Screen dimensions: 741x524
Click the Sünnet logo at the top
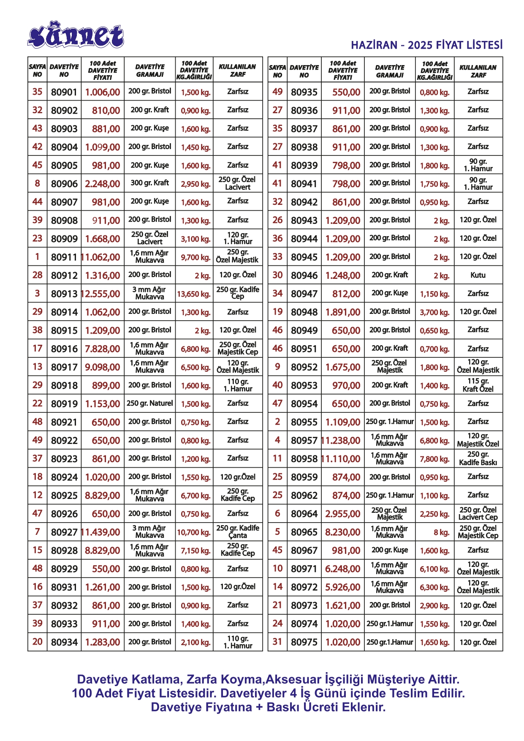pyautogui.click(x=76, y=35)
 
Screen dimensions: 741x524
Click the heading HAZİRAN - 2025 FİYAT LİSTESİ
pyautogui.click(x=426, y=45)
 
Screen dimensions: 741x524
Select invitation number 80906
pyautogui.click(x=64, y=184)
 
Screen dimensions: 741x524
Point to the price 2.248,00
pyautogui.click(x=103, y=184)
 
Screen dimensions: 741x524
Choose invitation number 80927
pyautogui.click(x=64, y=532)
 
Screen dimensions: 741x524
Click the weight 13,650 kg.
pyautogui.click(x=194, y=294)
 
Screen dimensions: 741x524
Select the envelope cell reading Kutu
pyautogui.click(x=478, y=275)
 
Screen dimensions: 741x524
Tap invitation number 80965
pyautogui.click(x=304, y=532)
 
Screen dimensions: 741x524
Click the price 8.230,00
pyautogui.click(x=342, y=532)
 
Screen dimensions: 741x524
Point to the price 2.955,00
pyautogui.click(x=342, y=514)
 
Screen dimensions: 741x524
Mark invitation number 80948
pyautogui.click(x=304, y=312)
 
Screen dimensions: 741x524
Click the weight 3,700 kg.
pyautogui.click(x=434, y=313)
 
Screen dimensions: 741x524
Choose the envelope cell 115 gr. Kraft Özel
pyautogui.click(x=478, y=385)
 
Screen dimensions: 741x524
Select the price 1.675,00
pyautogui.click(x=342, y=367)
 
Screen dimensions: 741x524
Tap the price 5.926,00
pyautogui.click(x=342, y=587)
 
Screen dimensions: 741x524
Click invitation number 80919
pyautogui.click(x=64, y=404)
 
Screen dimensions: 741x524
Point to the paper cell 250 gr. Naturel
pyautogui.click(x=150, y=403)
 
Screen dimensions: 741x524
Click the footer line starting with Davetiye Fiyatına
pyautogui.click(x=268, y=707)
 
